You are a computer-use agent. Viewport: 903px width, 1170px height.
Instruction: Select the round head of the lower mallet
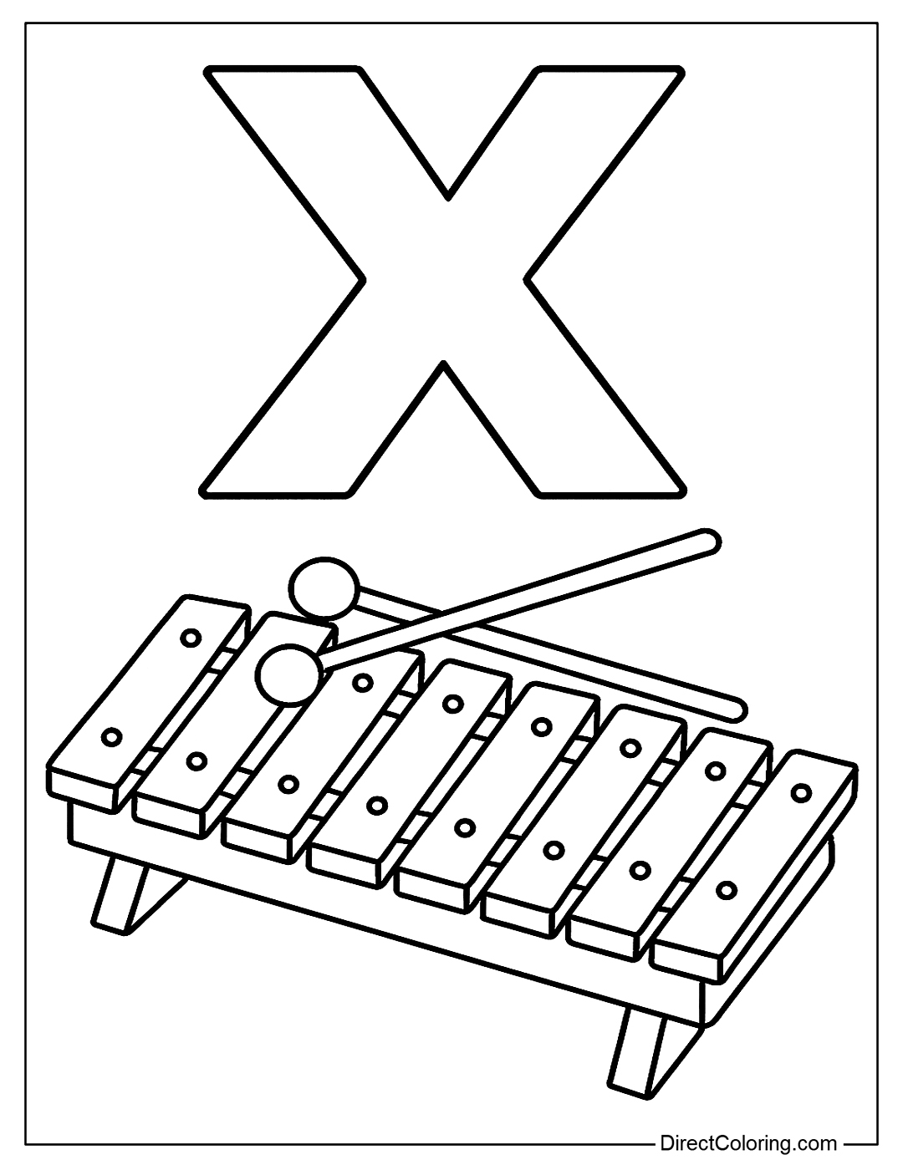[x=289, y=675]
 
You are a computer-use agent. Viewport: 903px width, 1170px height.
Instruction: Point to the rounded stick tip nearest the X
[x=710, y=542]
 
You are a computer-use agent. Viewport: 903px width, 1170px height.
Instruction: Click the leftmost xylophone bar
[x=148, y=705]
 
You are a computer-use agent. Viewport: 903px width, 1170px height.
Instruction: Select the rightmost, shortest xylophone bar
[x=754, y=867]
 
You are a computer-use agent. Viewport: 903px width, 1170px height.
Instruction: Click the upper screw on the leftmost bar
[x=191, y=638]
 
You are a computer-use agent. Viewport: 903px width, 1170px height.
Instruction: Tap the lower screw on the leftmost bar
[x=112, y=736]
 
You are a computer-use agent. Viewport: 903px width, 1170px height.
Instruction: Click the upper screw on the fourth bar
[x=453, y=703]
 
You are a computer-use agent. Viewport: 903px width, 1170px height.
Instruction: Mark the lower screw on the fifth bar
[x=465, y=827]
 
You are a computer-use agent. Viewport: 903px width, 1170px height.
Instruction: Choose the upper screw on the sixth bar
[x=630, y=747]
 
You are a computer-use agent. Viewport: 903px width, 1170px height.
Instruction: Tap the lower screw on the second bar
[x=197, y=760]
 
